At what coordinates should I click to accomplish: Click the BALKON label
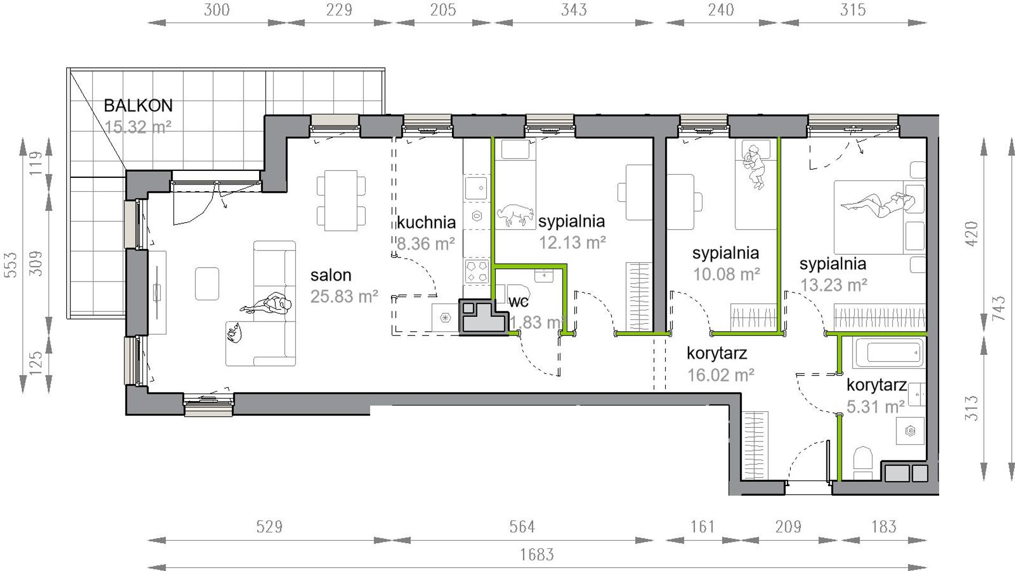pyautogui.click(x=138, y=106)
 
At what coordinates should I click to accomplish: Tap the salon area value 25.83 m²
pyautogui.click(x=344, y=296)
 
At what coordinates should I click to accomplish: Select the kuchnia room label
pyautogui.click(x=426, y=222)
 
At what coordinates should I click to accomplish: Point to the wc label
pyautogui.click(x=518, y=302)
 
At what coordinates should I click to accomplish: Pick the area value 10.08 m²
pyautogui.click(x=727, y=274)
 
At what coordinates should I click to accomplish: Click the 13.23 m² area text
pyautogui.click(x=833, y=285)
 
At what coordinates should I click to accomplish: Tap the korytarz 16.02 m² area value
pyautogui.click(x=721, y=375)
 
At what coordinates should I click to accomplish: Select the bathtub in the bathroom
pyautogui.click(x=889, y=353)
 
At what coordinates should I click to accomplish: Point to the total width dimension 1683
pyautogui.click(x=537, y=555)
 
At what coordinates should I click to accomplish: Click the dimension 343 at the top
pyautogui.click(x=574, y=10)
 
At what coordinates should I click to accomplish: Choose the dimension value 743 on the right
pyautogui.click(x=998, y=308)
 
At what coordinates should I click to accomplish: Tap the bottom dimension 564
pyautogui.click(x=521, y=527)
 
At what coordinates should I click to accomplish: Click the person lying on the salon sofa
pyautogui.click(x=267, y=304)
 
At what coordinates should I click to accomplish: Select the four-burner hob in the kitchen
pyautogui.click(x=477, y=271)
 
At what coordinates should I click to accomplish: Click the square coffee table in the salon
pyautogui.click(x=207, y=284)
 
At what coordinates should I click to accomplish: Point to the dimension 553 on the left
pyautogui.click(x=11, y=265)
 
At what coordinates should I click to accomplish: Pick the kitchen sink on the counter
pyautogui.click(x=476, y=188)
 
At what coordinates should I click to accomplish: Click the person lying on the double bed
pyautogui.click(x=878, y=205)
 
